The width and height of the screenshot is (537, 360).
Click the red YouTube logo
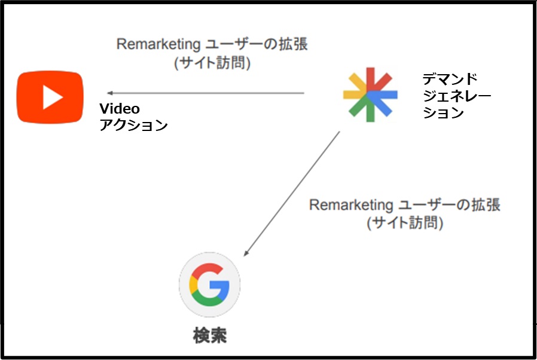click(x=50, y=97)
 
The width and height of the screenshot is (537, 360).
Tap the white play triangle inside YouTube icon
click(x=53, y=97)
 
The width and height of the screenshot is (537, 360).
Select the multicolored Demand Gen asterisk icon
click(x=370, y=94)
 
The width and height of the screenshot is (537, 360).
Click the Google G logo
click(x=209, y=284)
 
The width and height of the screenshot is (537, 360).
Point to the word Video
click(x=120, y=109)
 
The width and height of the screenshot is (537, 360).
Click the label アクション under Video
click(x=133, y=125)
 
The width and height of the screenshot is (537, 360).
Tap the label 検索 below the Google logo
click(x=209, y=335)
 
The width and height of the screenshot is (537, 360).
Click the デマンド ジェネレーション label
click(x=457, y=96)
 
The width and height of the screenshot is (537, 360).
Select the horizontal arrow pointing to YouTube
click(x=206, y=93)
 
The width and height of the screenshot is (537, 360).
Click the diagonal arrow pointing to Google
click(x=291, y=194)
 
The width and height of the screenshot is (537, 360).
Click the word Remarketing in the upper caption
click(x=158, y=44)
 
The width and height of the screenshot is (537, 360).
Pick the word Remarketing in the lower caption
click(x=351, y=205)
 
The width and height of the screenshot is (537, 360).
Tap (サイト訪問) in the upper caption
click(x=212, y=63)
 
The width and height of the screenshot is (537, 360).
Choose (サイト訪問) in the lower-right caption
click(x=405, y=222)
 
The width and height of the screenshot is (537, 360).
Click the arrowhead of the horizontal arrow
click(x=110, y=93)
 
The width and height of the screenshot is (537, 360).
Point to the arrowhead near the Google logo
click(x=246, y=254)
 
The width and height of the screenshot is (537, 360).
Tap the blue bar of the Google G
click(x=219, y=285)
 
